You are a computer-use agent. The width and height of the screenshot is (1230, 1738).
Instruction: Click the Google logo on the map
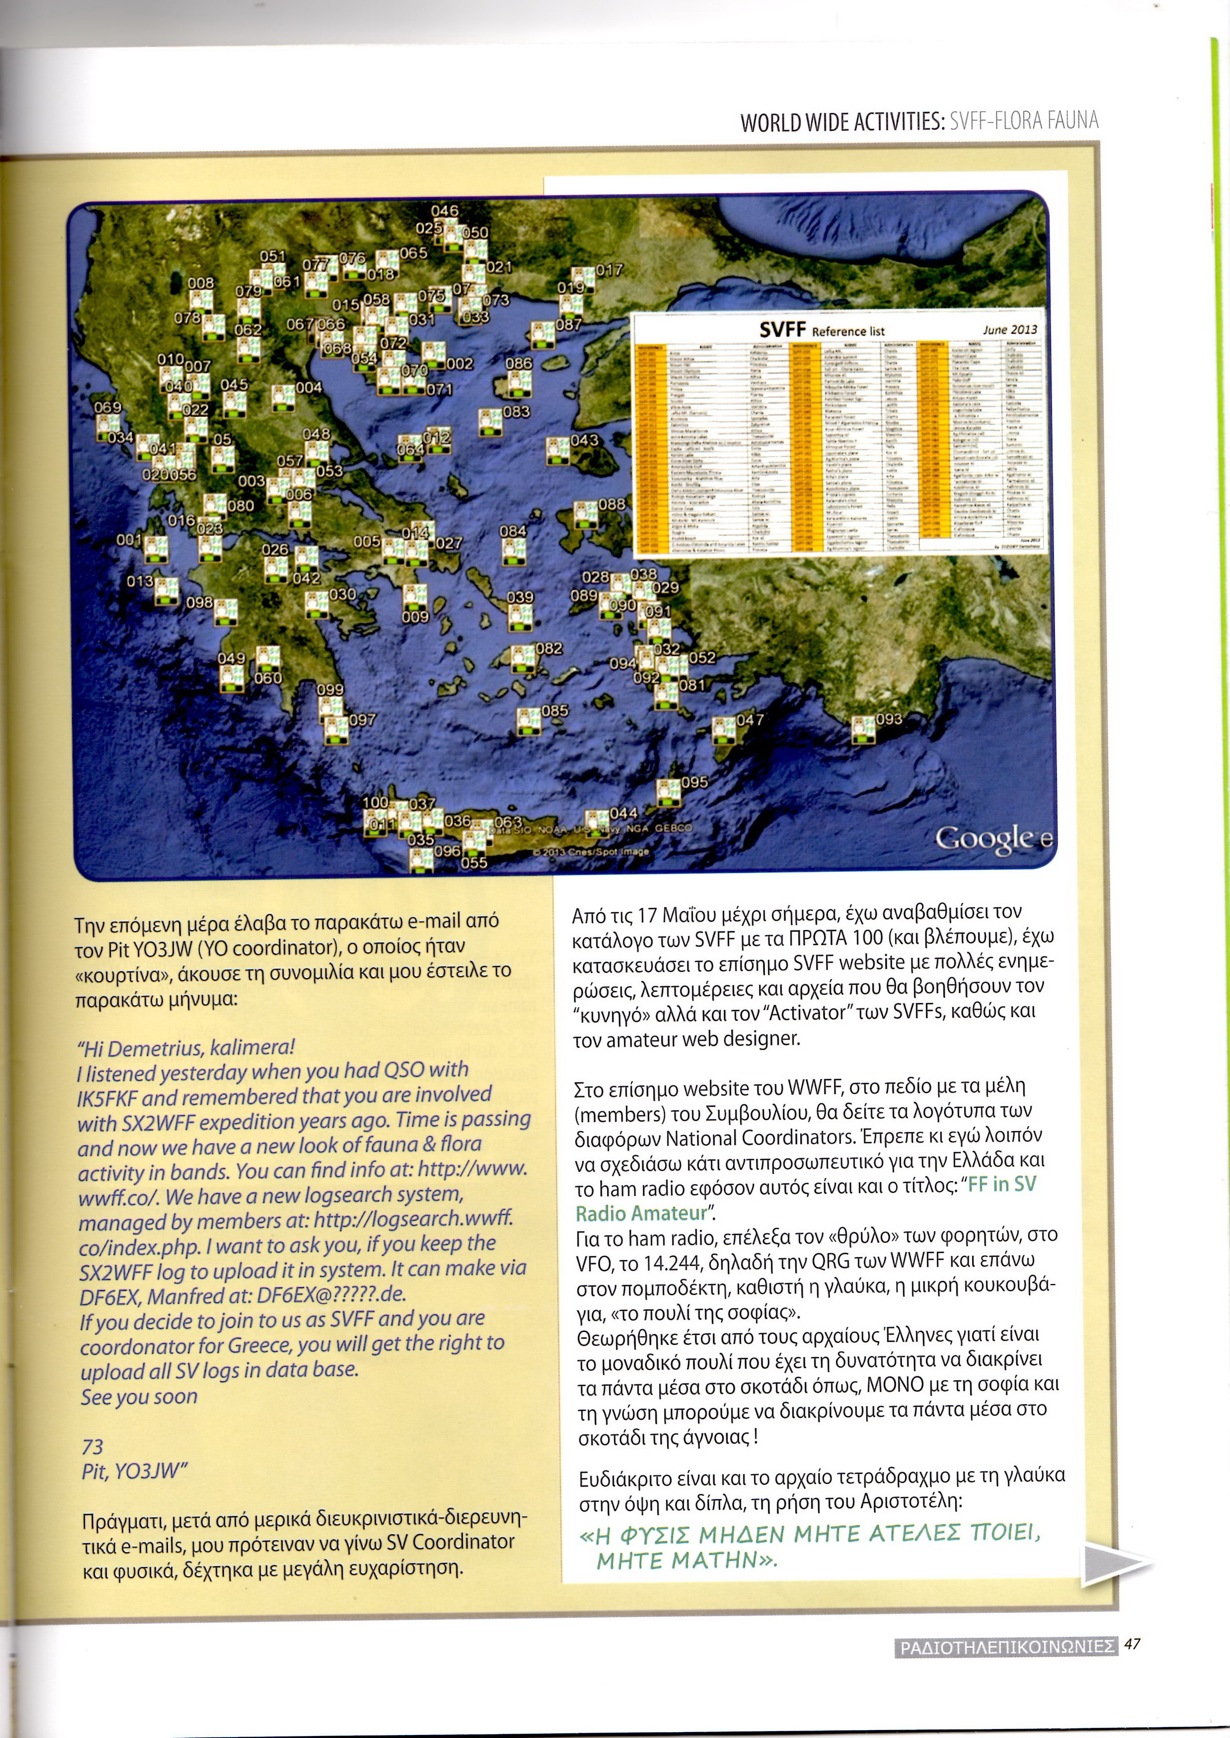992,838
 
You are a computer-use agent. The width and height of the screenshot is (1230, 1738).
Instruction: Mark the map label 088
611,504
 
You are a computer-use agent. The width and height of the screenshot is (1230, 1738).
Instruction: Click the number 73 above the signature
92,1447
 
